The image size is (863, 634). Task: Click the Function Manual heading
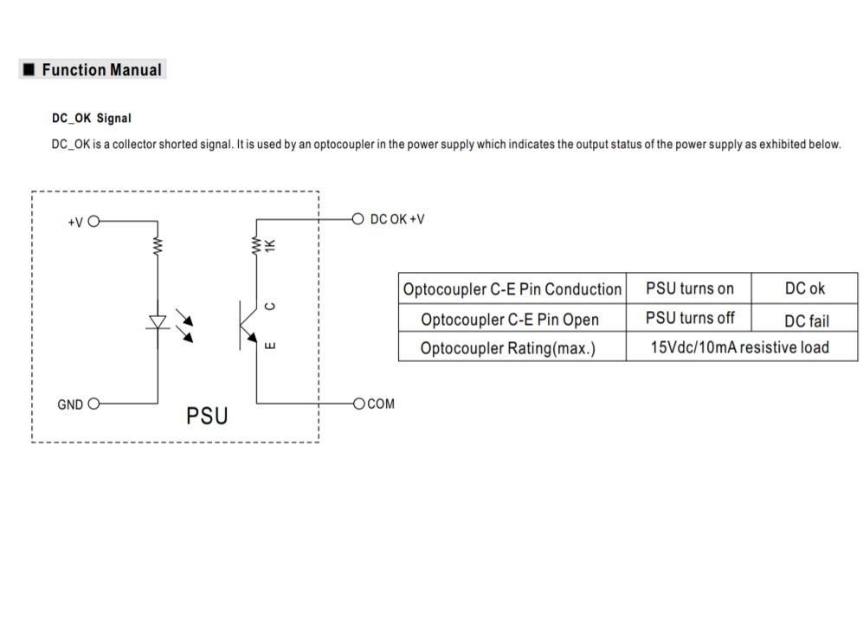(x=100, y=70)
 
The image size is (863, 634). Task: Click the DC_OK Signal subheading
(x=91, y=118)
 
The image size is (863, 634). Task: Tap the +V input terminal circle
(x=93, y=221)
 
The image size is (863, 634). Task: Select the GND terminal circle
(x=93, y=404)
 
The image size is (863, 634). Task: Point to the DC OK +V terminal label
(x=396, y=219)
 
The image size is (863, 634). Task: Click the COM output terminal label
(x=380, y=404)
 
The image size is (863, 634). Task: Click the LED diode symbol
(x=158, y=322)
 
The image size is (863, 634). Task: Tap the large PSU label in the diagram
(x=207, y=417)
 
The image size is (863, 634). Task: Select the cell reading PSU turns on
(x=689, y=288)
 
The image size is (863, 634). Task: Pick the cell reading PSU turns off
(x=689, y=318)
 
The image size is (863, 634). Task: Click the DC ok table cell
(x=804, y=288)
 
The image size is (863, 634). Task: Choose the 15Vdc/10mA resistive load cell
(x=740, y=347)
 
